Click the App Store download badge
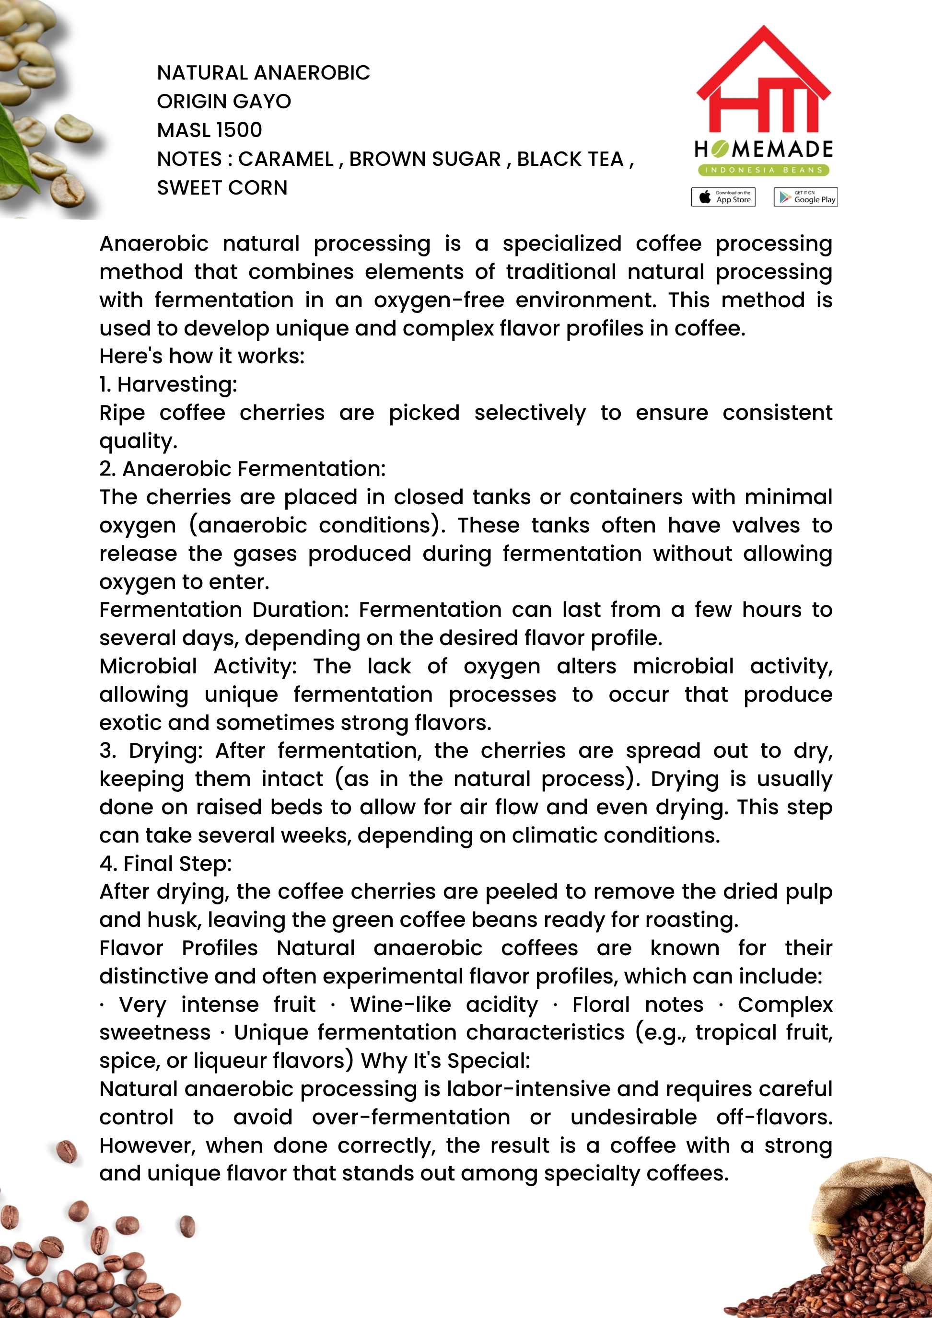pyautogui.click(x=723, y=197)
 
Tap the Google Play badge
pyautogui.click(x=805, y=197)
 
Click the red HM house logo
pyautogui.click(x=763, y=81)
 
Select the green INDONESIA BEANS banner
pyautogui.click(x=763, y=170)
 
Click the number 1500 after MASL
pyautogui.click(x=239, y=130)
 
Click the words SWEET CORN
pyautogui.click(x=222, y=188)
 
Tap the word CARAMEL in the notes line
pyautogui.click(x=286, y=159)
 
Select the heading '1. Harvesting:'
pyautogui.click(x=168, y=384)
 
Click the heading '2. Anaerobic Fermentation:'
pyautogui.click(x=242, y=468)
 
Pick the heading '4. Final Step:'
pyautogui.click(x=165, y=863)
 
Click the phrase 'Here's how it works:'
pyautogui.click(x=201, y=356)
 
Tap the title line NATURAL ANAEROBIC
pyautogui.click(x=264, y=73)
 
